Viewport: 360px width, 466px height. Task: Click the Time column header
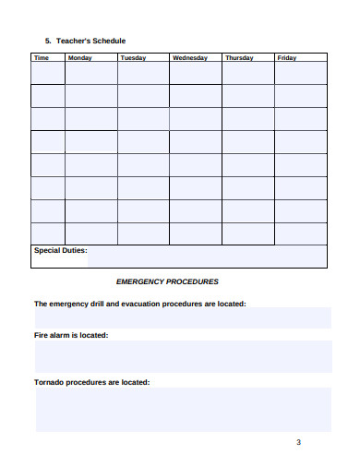pos(42,57)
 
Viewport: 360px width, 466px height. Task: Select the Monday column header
pos(80,57)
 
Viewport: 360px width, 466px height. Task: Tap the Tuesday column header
pos(133,57)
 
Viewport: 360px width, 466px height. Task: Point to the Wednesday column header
pos(190,57)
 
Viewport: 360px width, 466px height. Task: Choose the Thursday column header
pos(239,57)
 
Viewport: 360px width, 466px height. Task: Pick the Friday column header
pos(287,57)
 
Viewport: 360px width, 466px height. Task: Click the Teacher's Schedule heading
pos(90,41)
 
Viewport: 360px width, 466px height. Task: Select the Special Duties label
pos(60,250)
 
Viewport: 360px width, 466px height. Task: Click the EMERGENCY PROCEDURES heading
pos(167,281)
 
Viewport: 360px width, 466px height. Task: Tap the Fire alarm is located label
pos(71,335)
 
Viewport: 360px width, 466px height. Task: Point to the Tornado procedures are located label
pos(91,381)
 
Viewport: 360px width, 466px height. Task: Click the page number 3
pos(298,442)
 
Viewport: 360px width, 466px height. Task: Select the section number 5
pos(47,41)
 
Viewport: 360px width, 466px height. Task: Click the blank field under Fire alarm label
pos(183,356)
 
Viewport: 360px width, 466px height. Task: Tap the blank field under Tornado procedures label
pos(183,409)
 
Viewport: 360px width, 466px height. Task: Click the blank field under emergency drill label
pos(183,317)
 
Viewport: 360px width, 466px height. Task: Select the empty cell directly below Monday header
pos(91,74)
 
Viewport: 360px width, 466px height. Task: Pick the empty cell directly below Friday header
pos(301,74)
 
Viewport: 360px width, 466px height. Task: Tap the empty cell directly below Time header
pos(48,74)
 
